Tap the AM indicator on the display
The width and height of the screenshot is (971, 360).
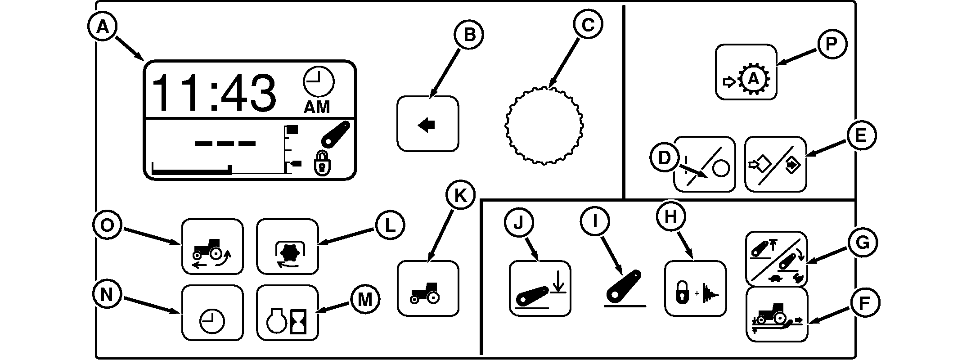[x=317, y=107]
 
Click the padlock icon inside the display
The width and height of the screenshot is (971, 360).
[x=321, y=163]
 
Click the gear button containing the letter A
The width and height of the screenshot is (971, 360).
[x=746, y=72]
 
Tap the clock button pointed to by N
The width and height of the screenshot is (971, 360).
[x=212, y=313]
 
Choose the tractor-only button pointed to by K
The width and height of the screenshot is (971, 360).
[x=427, y=288]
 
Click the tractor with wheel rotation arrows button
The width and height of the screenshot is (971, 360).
[x=212, y=247]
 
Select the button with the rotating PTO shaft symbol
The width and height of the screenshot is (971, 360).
[x=287, y=247]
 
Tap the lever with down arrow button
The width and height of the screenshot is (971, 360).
[x=539, y=288]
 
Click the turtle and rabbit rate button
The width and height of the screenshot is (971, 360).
[x=776, y=259]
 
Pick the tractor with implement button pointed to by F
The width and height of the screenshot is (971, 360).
[x=776, y=315]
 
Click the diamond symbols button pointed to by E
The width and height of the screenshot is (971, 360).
[x=775, y=165]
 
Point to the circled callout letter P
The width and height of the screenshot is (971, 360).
[x=831, y=45]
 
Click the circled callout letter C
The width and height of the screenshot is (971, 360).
[x=588, y=26]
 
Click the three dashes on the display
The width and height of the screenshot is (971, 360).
[x=225, y=144]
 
